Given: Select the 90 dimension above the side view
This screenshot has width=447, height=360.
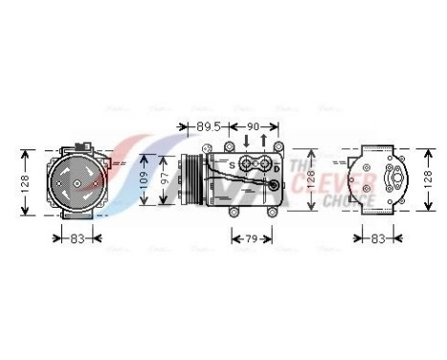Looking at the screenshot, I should click(x=254, y=124).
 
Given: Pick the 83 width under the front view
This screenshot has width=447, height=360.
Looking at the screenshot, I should click(x=78, y=237).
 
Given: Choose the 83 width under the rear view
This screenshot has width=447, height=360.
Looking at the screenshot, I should click(x=379, y=237).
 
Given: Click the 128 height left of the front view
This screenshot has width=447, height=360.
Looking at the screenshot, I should click(x=26, y=180).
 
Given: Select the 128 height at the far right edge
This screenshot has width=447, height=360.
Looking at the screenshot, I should click(x=428, y=180).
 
